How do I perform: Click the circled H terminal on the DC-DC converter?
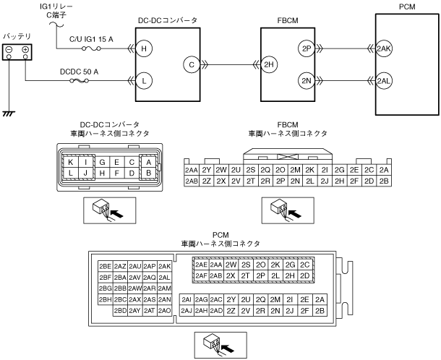point(144,48)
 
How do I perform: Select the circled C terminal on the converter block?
point(192,64)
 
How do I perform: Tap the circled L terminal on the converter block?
point(144,81)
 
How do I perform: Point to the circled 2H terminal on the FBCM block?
point(269,64)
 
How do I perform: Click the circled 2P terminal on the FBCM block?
point(307,48)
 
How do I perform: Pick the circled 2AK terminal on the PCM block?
point(384,48)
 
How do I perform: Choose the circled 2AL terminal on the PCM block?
point(384,81)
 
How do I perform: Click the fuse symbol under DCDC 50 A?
point(79,81)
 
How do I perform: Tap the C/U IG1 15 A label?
point(91,39)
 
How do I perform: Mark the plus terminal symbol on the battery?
point(25,50)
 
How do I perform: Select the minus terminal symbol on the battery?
point(9,50)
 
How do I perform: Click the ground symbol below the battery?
point(9,113)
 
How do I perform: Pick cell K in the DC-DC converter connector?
point(70,162)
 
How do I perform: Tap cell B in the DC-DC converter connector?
point(148,173)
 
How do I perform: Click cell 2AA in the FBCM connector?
point(192,170)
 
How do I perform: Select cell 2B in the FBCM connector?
point(384,181)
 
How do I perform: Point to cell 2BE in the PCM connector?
point(105,266)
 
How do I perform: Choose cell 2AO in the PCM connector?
point(165,311)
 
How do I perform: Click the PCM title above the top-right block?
point(407,7)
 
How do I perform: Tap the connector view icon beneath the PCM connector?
point(220,345)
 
